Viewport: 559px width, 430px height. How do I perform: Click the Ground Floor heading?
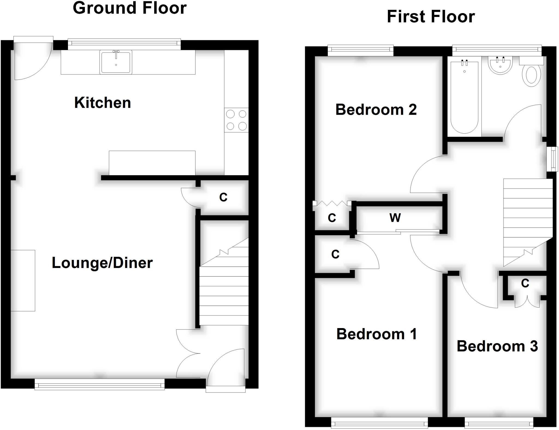(130, 8)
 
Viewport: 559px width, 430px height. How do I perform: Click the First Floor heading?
(431, 17)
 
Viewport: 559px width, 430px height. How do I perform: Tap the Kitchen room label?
(102, 103)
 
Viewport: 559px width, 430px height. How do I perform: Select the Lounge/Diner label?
(102, 263)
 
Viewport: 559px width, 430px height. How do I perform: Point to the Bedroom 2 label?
(376, 110)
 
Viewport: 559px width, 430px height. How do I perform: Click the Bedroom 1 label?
(377, 334)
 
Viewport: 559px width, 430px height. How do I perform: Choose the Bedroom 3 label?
(497, 346)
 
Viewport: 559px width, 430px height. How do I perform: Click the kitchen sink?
(116, 62)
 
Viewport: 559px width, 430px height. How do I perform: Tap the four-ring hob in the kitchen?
(236, 120)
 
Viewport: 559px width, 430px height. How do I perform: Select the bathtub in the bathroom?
(464, 97)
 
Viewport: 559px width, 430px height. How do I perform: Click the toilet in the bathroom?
(531, 74)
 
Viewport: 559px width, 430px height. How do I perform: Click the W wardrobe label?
(395, 218)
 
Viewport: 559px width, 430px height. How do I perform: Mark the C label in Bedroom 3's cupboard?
(525, 283)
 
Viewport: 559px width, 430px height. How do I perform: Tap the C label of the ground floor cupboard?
(223, 197)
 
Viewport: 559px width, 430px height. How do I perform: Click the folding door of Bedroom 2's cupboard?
(332, 203)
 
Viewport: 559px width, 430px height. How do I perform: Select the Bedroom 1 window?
(379, 424)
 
